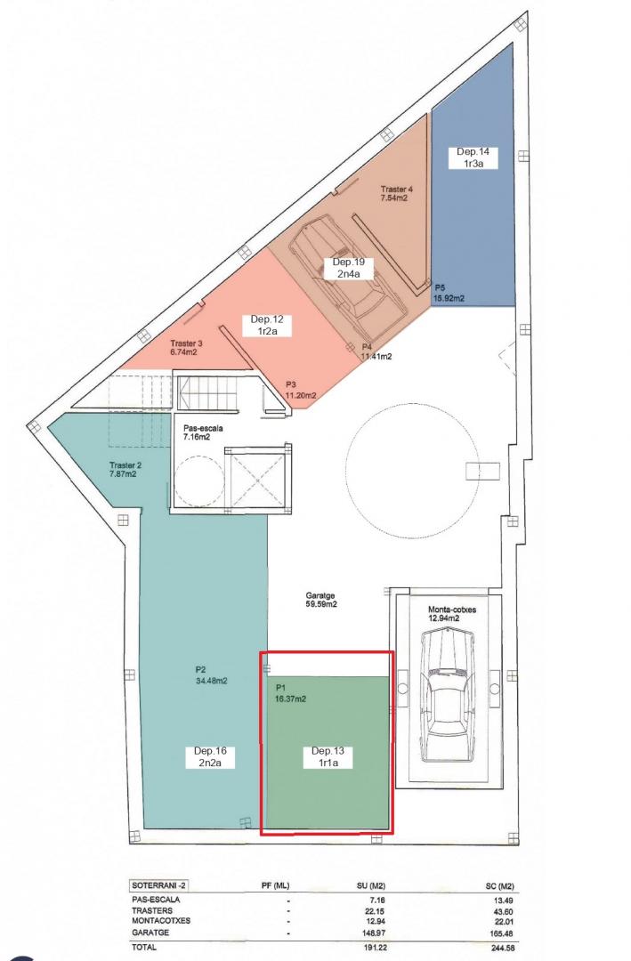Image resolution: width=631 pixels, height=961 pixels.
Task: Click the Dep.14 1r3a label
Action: [x=473, y=157]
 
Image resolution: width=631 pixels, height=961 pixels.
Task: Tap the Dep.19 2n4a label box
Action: [x=348, y=268]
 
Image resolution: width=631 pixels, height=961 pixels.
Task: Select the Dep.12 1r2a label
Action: [x=267, y=325]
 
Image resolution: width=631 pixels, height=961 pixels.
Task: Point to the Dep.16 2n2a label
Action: [x=210, y=757]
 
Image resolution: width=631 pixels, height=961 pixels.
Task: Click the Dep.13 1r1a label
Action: [x=328, y=757]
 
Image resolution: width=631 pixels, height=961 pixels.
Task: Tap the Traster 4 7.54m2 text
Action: [x=396, y=194]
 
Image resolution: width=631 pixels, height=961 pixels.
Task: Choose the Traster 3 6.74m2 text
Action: [x=186, y=348]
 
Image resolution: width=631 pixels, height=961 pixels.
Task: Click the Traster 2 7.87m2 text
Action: [x=125, y=470]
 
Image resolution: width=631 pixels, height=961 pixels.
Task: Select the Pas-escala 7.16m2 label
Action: [x=203, y=432]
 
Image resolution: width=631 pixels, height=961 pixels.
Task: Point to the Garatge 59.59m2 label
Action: [x=320, y=600]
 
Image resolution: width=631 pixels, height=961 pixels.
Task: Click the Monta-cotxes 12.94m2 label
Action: [x=452, y=614]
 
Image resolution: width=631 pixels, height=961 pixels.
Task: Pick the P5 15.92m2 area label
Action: [x=449, y=293]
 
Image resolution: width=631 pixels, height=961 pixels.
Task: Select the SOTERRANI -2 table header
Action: [x=155, y=885]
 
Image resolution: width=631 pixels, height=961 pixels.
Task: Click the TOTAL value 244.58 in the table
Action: [x=502, y=948]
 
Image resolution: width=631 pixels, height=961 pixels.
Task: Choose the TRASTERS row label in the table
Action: [x=151, y=911]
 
